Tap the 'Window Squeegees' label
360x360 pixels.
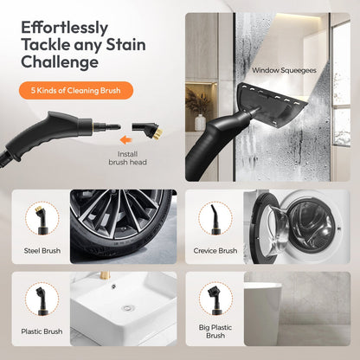[x=283, y=70]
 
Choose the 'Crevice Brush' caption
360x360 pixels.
[x=215, y=251]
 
